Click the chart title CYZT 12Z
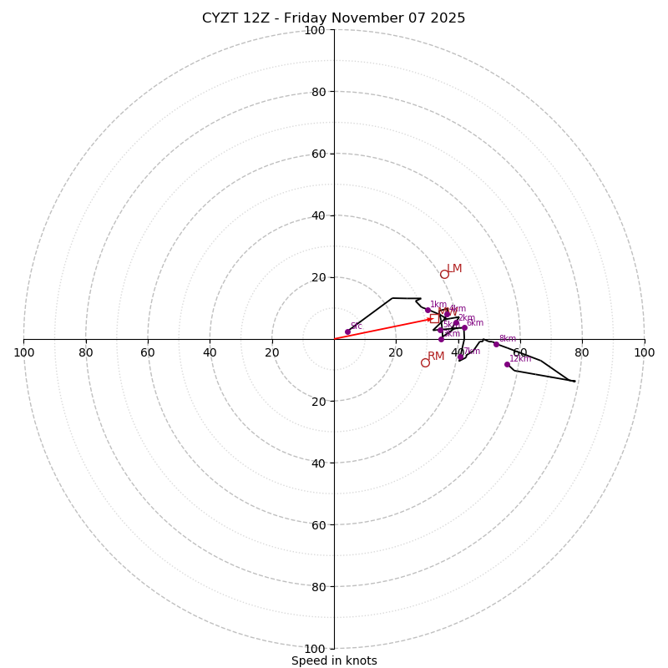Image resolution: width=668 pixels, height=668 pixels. (333, 18)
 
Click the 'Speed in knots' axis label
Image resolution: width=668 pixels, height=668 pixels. (334, 661)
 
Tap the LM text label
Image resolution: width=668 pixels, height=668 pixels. (454, 269)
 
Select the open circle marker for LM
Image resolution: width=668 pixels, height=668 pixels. (444, 274)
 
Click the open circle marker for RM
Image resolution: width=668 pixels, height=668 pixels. (425, 362)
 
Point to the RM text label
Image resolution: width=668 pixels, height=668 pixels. (436, 357)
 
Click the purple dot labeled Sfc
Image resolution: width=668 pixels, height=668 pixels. (347, 331)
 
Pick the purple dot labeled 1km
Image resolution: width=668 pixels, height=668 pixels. (428, 310)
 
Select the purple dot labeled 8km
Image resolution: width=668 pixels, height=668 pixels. (496, 344)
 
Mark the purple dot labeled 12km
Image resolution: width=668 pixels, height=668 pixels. (507, 364)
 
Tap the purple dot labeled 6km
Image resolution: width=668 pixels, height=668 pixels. (464, 328)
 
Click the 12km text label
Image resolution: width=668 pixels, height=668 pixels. (520, 359)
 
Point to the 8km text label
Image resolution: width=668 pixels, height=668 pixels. (508, 339)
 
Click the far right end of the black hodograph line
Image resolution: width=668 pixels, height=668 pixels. (574, 382)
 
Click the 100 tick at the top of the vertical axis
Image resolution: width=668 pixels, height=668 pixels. (314, 30)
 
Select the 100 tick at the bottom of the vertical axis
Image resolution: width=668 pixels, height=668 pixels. (314, 649)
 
